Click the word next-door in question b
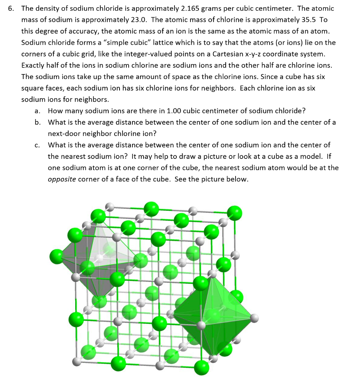coord(63,134)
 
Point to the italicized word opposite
coord(62,179)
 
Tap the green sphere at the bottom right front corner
coord(202,368)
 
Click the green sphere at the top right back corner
coord(234,212)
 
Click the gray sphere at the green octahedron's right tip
coord(255,318)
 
